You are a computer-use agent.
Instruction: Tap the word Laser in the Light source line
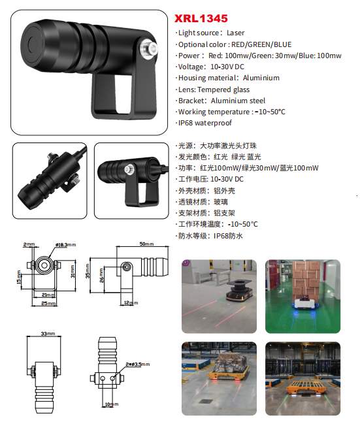point(236,33)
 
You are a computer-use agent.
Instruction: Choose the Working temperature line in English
point(231,112)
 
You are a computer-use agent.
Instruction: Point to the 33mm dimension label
point(48,333)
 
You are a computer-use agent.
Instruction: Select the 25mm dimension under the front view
point(46,304)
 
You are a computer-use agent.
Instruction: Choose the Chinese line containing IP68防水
point(210,236)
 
